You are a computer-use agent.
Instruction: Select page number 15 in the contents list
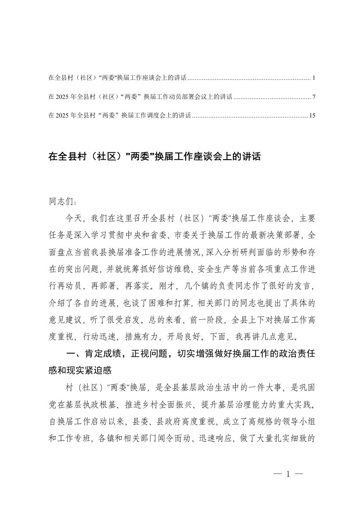coord(312,115)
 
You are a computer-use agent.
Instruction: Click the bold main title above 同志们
coord(154,157)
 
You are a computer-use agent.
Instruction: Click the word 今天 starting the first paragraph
coord(74,218)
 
